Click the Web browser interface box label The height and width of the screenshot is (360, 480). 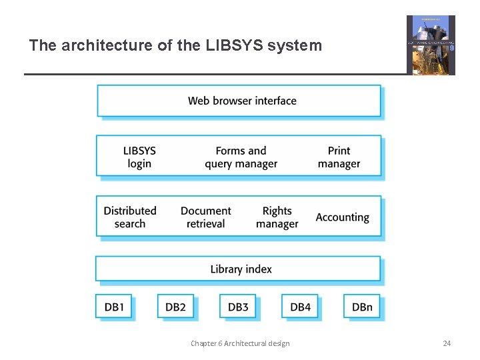242,101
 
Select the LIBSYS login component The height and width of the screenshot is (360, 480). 139,157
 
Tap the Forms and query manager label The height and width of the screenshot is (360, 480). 241,157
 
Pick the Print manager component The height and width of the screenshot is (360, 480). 339,157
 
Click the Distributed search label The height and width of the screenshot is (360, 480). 130,217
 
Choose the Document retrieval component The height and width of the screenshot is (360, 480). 205,217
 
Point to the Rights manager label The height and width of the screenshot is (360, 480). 277,217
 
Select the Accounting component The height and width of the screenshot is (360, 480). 342,217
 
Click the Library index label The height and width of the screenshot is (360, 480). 241,269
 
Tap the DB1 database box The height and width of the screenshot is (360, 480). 114,307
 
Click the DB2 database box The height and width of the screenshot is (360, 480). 175,307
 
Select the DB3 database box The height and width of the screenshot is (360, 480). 238,307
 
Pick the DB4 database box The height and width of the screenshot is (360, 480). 300,307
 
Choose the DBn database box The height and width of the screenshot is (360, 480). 362,307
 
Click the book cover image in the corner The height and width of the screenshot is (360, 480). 431,45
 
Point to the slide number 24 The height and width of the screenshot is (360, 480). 447,343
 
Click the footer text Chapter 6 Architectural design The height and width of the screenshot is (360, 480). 240,343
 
